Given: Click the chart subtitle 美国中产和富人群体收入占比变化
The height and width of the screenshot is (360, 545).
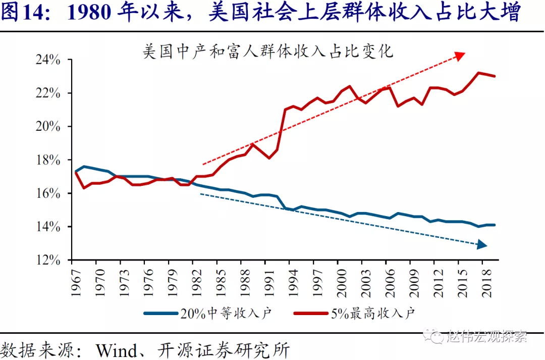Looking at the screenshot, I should coord(268,52).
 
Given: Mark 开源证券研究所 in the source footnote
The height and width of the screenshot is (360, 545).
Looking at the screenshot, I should coord(224,349).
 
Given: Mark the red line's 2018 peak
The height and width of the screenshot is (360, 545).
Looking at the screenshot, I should coord(478,73).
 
